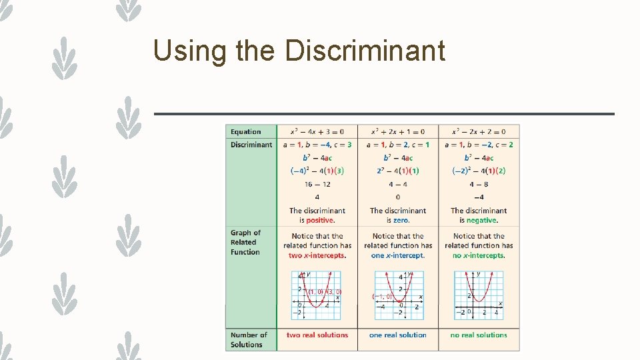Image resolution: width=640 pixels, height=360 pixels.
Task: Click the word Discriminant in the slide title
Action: tap(365, 50)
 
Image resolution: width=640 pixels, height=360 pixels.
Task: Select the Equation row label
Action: tap(246, 132)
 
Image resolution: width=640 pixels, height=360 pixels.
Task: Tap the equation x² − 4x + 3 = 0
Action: tap(317, 132)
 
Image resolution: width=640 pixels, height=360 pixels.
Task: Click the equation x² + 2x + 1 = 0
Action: tap(398, 132)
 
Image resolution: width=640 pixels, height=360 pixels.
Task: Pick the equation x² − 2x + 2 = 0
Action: tap(479, 132)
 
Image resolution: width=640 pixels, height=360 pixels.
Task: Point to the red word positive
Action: tap(320, 220)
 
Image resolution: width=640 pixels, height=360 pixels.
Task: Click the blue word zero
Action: tap(401, 220)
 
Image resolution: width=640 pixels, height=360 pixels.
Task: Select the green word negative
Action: tap(481, 220)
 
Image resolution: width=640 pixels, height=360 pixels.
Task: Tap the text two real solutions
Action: tap(317, 335)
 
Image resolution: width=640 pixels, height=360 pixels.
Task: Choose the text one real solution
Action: tap(398, 335)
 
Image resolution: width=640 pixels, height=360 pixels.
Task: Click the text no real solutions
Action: tap(479, 335)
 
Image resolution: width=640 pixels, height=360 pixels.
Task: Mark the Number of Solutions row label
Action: tap(249, 340)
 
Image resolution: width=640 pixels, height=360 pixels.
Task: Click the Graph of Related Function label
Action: tap(245, 242)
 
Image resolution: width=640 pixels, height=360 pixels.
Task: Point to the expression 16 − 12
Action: tap(317, 184)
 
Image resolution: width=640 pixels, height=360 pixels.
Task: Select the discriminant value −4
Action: tap(479, 197)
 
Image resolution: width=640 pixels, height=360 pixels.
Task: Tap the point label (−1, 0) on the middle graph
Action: tap(382, 297)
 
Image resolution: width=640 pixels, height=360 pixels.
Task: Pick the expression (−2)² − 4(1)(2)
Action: tap(479, 171)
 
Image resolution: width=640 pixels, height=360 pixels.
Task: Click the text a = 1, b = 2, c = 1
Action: tap(398, 145)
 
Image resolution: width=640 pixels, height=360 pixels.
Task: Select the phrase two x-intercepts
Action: tap(317, 255)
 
